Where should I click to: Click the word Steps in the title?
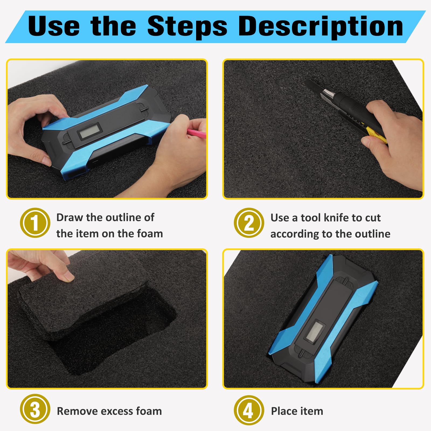pyautogui.click(x=187, y=26)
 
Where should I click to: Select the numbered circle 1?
pyautogui.click(x=35, y=223)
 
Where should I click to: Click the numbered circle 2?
pyautogui.click(x=249, y=223)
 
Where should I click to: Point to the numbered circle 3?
pyautogui.click(x=35, y=409)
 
